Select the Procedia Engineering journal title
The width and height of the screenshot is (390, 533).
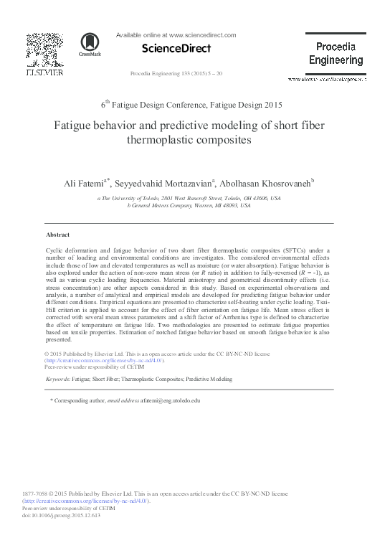(x=336, y=53)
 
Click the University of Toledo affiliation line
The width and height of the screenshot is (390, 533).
(x=189, y=197)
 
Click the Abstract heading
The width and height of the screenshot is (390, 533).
(x=57, y=235)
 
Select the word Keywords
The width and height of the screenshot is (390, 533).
(x=57, y=377)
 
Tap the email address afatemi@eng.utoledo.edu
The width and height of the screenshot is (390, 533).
(x=170, y=400)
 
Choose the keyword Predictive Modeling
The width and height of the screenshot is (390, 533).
(x=209, y=377)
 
